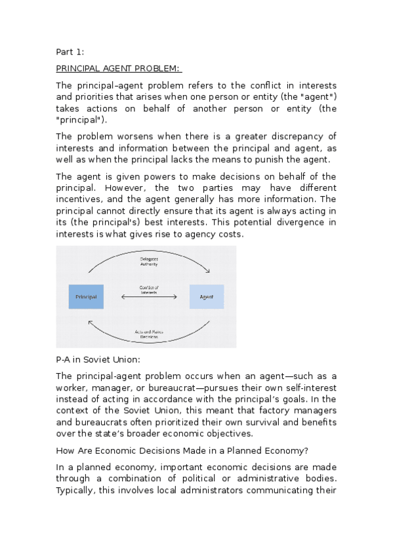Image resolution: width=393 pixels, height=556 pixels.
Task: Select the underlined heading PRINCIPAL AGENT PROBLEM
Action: (119, 68)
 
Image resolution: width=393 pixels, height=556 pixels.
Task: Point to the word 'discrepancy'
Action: (298, 136)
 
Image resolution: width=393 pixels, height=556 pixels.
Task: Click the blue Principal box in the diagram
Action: (86, 296)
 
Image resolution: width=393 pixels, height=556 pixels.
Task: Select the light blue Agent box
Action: (206, 296)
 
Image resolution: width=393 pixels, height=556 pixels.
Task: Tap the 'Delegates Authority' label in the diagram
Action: (149, 262)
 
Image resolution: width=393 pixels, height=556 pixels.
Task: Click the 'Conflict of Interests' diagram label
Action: (149, 289)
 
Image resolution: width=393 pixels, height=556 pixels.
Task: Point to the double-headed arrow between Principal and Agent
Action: (149, 297)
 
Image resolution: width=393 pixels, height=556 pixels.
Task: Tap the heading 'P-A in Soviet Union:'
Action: (98, 359)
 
